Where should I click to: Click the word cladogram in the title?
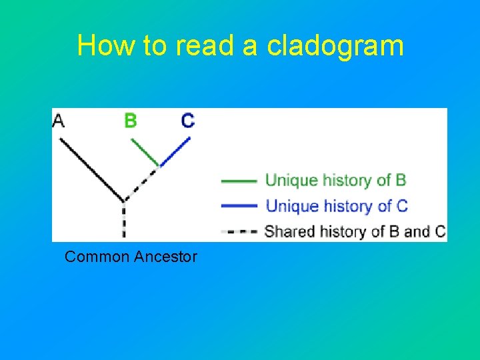coord(335,46)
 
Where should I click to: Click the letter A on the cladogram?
coord(59,121)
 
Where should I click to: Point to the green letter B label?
coord(131,121)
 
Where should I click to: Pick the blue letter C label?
coord(188,121)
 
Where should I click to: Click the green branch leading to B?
coord(145,151)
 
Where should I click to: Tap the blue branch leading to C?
coord(175,151)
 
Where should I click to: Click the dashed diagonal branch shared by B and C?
coord(141,182)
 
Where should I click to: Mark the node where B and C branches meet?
coord(159,165)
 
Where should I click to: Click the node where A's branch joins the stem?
coord(123,199)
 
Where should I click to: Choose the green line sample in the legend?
coord(238,181)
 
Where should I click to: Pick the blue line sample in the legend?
coord(238,205)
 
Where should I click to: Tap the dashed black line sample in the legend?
coord(238,232)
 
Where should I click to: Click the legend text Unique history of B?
coord(335,180)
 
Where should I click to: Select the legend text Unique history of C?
coord(336,205)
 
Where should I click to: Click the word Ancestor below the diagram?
coord(165,257)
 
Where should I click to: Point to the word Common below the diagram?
coord(97,257)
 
